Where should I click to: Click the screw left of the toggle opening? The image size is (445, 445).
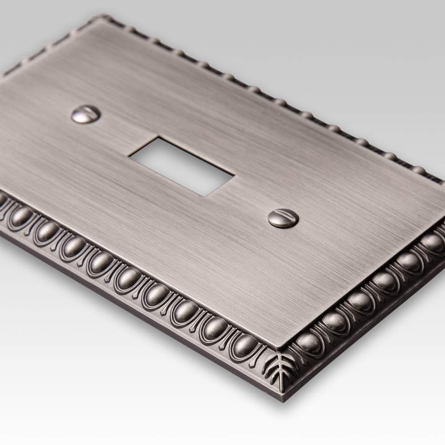pyautogui.click(x=85, y=115)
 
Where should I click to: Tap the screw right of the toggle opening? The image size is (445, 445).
pyautogui.click(x=283, y=217)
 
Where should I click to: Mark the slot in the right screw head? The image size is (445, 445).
pyautogui.click(x=283, y=217)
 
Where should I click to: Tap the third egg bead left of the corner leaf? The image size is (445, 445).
pyautogui.click(x=185, y=314)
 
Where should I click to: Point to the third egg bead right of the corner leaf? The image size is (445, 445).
pyautogui.click(x=362, y=303)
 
